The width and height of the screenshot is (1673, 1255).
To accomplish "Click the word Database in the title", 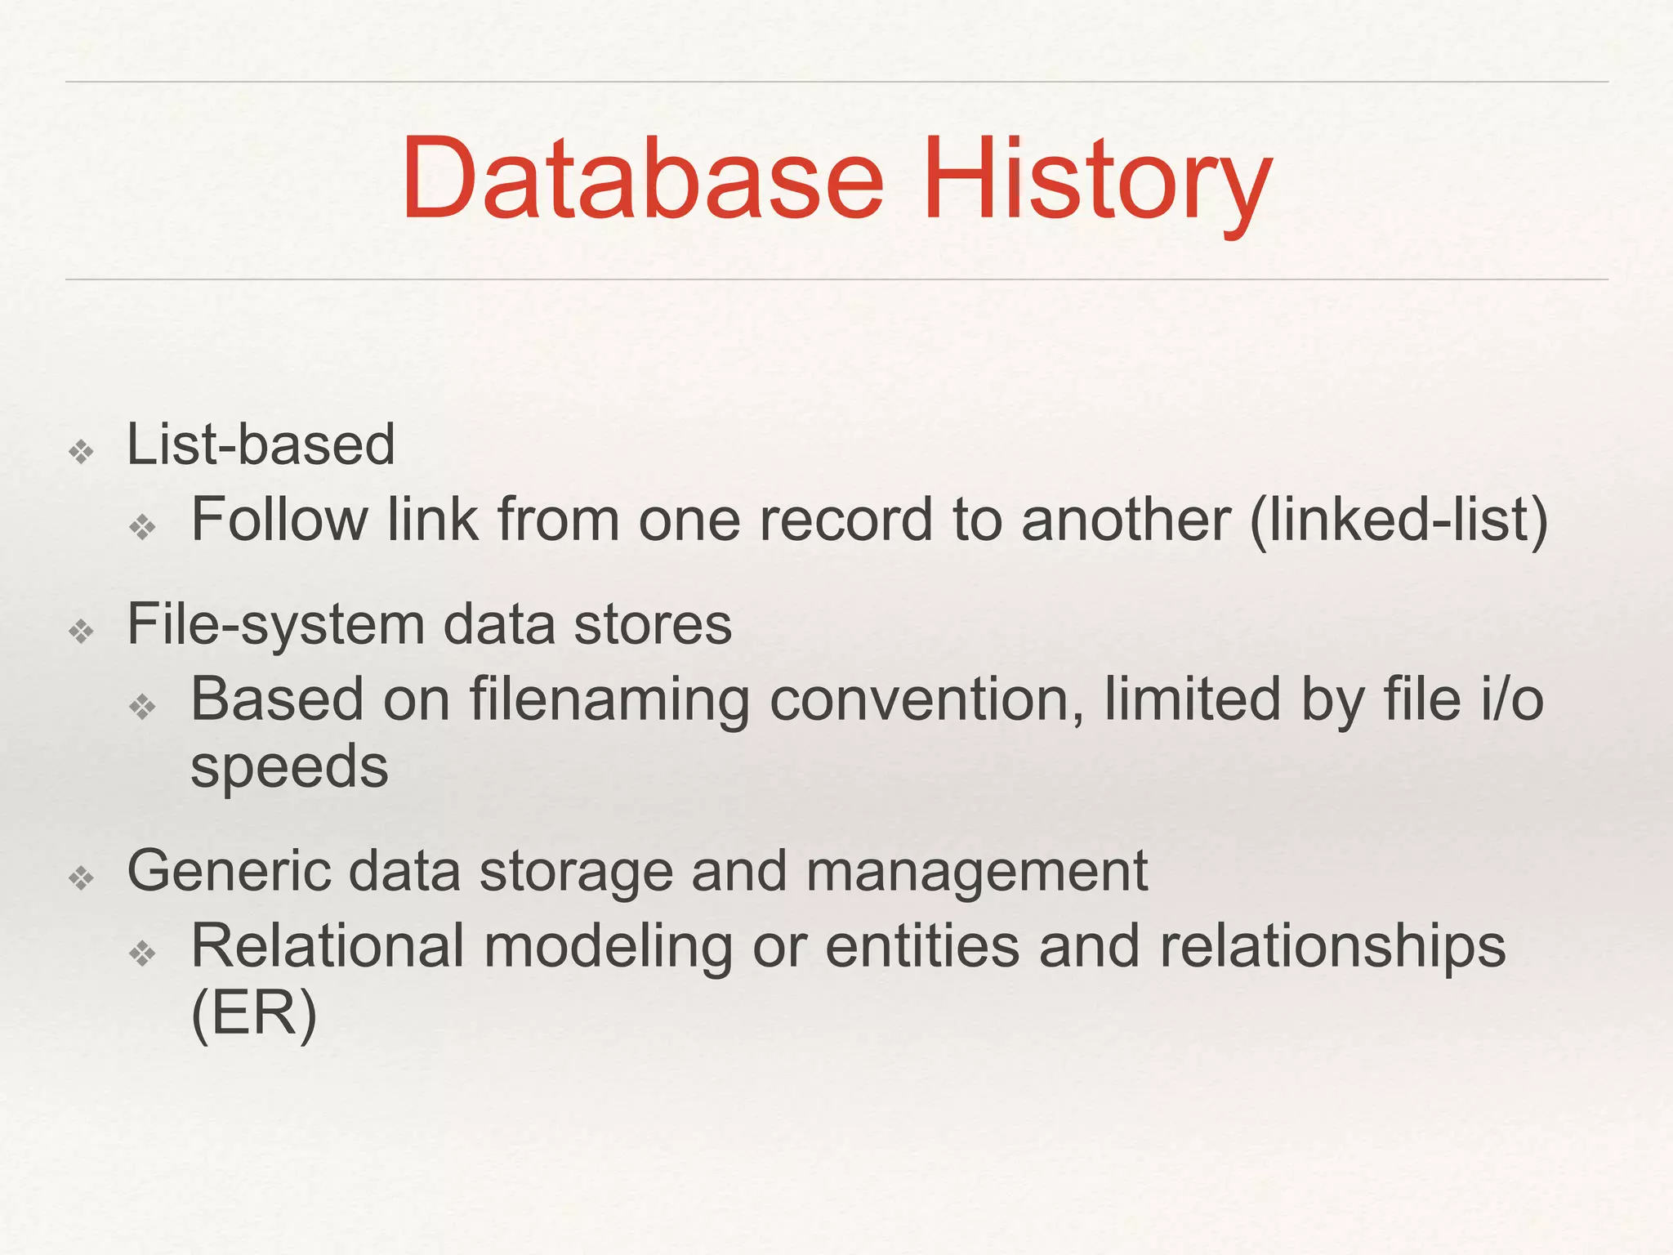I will (642, 179).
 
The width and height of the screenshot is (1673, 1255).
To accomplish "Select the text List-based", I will (261, 444).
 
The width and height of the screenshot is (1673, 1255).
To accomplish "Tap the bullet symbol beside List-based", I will (82, 451).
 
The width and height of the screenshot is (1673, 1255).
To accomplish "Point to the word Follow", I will (279, 520).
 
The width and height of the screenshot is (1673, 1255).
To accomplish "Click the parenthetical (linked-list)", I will (1398, 521).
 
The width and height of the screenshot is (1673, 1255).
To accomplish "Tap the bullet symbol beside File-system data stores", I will (82, 631).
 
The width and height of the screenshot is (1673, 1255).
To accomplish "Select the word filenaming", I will (609, 701).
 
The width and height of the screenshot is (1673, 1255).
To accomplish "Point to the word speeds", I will (289, 768).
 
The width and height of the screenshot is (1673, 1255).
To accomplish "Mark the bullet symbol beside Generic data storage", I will (82, 878).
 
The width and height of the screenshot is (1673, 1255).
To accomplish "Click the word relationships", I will (1332, 948).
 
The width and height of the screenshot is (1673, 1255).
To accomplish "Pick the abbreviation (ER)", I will (253, 1015).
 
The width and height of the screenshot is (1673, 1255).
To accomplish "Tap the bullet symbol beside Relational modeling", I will (143, 953).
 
